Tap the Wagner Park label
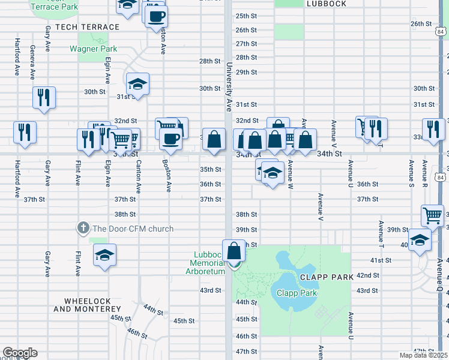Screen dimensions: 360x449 pos(93,49)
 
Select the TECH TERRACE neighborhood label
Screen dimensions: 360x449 pos(88,27)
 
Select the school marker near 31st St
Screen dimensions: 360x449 pos(137,83)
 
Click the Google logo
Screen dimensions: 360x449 pos(19,353)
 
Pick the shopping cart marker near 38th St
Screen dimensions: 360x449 pos(433,215)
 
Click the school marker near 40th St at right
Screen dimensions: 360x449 pos(420,241)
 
